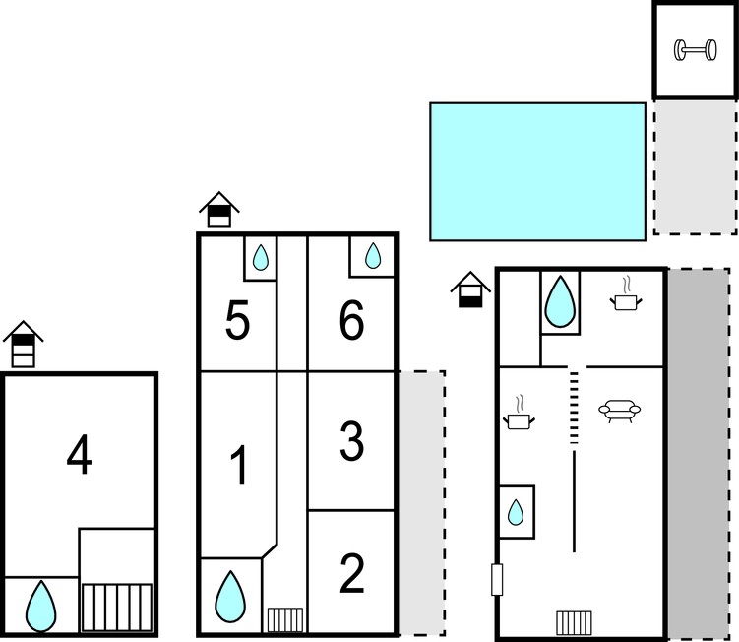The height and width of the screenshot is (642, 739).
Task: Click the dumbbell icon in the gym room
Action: pyautogui.click(x=695, y=50)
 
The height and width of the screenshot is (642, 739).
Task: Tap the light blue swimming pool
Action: pyautogui.click(x=537, y=171)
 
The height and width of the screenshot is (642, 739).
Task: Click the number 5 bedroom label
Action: pyautogui.click(x=237, y=321)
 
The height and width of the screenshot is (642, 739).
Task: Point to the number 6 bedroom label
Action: pyautogui.click(x=351, y=321)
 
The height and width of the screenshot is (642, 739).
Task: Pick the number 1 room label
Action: pyautogui.click(x=239, y=466)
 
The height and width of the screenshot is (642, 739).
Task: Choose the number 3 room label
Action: pyautogui.click(x=352, y=442)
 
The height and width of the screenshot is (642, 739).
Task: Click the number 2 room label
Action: pyautogui.click(x=351, y=574)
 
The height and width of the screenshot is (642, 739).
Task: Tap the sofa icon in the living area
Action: pyautogui.click(x=619, y=411)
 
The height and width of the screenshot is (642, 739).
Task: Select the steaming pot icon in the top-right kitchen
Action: pyautogui.click(x=627, y=293)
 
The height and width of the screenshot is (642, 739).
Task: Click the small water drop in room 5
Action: pyautogui.click(x=260, y=258)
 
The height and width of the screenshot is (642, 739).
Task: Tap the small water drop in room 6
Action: pyautogui.click(x=373, y=256)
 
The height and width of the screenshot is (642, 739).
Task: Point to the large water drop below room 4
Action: pyautogui.click(x=41, y=607)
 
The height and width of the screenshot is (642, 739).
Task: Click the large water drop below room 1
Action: pyautogui.click(x=230, y=597)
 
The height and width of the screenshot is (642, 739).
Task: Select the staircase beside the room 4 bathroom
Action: pyautogui.click(x=117, y=608)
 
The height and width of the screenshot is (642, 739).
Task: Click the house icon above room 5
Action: pyautogui.click(x=219, y=210)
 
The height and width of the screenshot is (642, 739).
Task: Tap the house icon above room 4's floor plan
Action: pyautogui.click(x=23, y=345)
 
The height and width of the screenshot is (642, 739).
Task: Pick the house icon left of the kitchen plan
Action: pyautogui.click(x=470, y=289)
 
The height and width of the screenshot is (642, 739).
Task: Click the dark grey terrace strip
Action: pyautogui.click(x=699, y=452)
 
